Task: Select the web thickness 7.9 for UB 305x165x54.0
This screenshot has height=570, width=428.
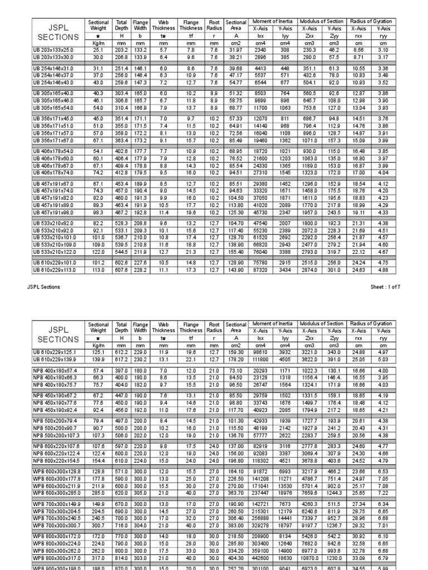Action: coord(163,107)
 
